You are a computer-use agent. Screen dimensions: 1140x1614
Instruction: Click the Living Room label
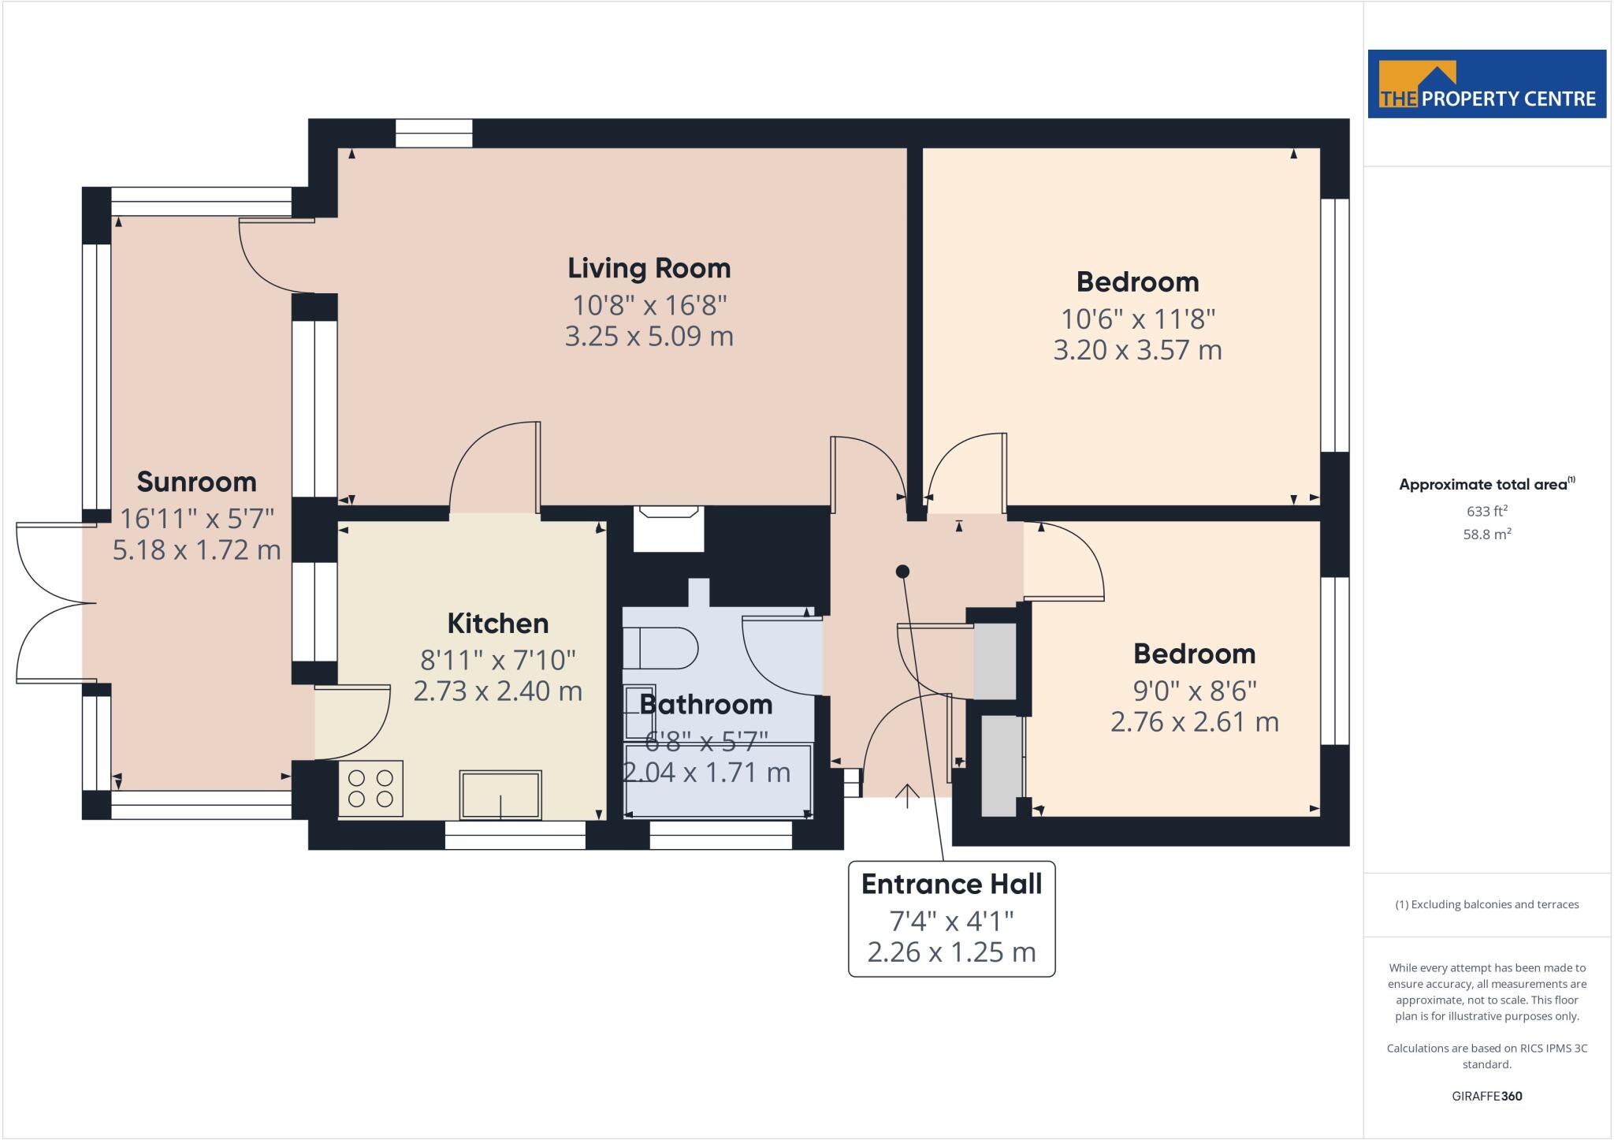click(x=649, y=268)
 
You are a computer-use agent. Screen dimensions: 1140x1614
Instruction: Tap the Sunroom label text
click(x=196, y=482)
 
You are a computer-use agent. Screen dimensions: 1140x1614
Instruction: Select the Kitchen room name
click(x=497, y=624)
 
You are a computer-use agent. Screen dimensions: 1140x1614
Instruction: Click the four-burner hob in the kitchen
click(x=370, y=788)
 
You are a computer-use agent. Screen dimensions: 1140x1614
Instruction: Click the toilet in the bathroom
click(x=660, y=648)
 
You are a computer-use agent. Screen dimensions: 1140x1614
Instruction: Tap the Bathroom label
click(x=705, y=704)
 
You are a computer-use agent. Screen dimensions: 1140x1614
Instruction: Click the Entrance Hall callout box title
click(x=951, y=885)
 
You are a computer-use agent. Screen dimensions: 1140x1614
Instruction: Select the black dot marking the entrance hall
click(x=903, y=571)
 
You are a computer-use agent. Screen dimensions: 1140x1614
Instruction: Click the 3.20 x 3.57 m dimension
click(x=1137, y=350)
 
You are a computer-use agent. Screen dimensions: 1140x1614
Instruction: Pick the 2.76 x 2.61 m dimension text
click(x=1194, y=722)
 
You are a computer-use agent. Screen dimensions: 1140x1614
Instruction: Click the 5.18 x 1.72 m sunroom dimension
click(x=196, y=550)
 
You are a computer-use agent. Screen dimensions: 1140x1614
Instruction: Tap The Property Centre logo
click(x=1486, y=84)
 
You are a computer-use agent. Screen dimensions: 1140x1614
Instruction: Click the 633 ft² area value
click(x=1486, y=511)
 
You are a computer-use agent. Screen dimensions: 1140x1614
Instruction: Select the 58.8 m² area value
click(x=1486, y=535)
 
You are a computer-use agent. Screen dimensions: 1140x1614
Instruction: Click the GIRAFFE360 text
click(x=1486, y=1096)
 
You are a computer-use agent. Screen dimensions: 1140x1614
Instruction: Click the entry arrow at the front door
click(x=907, y=795)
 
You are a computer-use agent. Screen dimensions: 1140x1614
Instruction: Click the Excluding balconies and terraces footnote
click(x=1486, y=904)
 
